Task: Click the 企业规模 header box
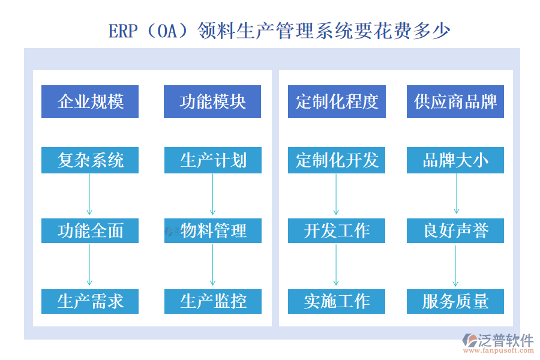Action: pos(90,101)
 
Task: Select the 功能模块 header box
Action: pos(212,101)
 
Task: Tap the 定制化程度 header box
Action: pos(337,101)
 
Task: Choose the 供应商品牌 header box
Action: pos(455,101)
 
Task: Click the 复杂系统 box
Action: pos(90,160)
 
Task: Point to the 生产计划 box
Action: pos(212,160)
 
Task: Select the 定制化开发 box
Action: pos(337,160)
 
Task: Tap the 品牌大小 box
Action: pos(455,160)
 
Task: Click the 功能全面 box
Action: pos(90,230)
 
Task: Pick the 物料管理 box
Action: pos(212,230)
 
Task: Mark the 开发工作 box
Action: pos(337,230)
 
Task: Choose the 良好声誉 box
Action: pos(455,230)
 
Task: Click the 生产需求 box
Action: pos(90,301)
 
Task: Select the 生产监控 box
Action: pos(212,301)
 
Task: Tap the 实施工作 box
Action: pos(337,301)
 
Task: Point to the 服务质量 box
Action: pos(455,301)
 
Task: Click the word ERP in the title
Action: pos(123,31)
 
